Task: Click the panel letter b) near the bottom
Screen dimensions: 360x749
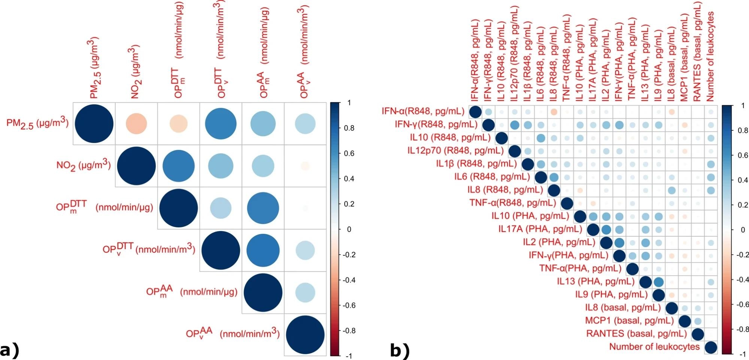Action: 400,351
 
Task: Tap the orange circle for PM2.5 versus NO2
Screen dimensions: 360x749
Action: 136,124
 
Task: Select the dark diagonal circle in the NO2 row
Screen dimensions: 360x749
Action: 136,166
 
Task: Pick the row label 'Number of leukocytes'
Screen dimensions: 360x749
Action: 654,347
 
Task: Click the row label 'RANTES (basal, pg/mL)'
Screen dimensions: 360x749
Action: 637,334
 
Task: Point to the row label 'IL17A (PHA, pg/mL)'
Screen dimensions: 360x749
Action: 540,229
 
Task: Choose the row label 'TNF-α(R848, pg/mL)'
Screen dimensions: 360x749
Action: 513,203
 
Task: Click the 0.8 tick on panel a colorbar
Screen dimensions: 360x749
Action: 349,128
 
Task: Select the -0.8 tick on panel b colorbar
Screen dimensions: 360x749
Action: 742,329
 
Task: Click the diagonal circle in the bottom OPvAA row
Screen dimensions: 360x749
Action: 305,335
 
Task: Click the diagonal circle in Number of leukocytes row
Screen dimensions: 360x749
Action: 711,347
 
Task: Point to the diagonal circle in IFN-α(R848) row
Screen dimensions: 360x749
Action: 475,112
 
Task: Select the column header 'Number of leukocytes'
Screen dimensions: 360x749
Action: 710,56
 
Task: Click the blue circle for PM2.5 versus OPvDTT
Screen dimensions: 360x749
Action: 221,124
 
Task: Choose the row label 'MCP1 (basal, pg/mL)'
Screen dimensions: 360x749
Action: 629,321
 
